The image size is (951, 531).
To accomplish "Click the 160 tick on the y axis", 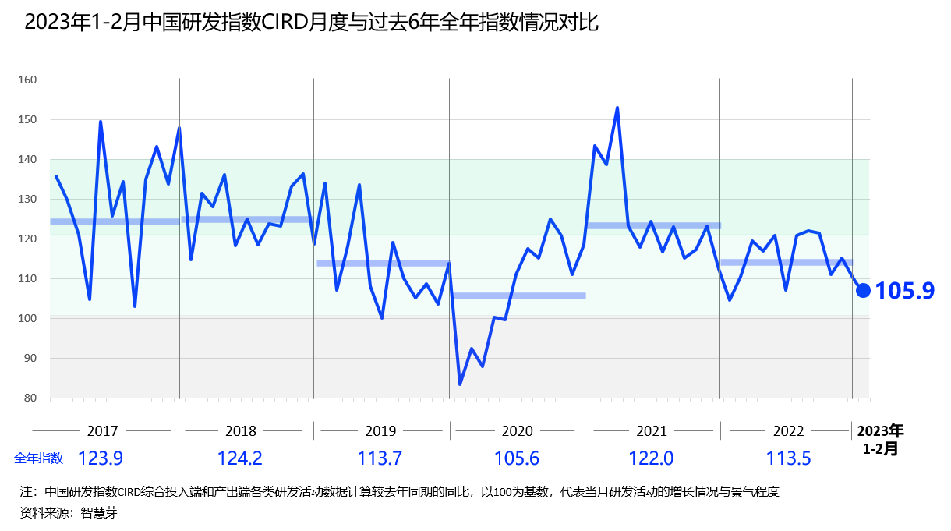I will click(x=27, y=80).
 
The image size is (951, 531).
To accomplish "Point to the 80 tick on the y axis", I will click(x=30, y=398).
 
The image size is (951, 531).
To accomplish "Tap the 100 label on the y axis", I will click(x=27, y=318).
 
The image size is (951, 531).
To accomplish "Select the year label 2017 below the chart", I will click(x=102, y=431).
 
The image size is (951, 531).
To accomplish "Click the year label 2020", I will click(x=517, y=431).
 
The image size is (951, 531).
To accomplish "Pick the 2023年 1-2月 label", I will click(x=880, y=440).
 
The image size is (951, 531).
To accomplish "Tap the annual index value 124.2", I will click(x=240, y=458).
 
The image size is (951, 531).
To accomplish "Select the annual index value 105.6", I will click(x=517, y=458).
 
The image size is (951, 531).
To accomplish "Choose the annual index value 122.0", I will click(x=652, y=458).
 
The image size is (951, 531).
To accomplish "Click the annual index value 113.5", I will click(x=788, y=458).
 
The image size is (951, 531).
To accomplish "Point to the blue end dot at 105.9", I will click(x=863, y=290).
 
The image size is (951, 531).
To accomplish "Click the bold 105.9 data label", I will click(x=904, y=291).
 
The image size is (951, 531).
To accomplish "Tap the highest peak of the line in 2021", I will click(x=617, y=108).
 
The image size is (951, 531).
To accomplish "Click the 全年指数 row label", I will click(x=38, y=458).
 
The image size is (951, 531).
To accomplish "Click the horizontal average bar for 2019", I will click(x=383, y=263).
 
